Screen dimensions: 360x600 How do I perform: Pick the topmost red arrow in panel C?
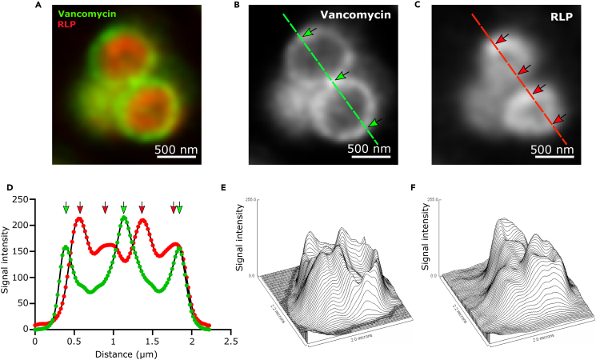point(501,39)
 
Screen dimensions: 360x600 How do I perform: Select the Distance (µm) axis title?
point(114,353)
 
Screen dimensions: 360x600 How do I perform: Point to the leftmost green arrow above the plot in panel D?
point(66,209)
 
